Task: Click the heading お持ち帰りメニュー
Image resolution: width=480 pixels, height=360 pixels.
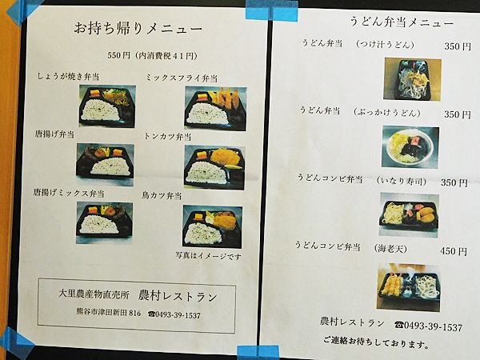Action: point(138,29)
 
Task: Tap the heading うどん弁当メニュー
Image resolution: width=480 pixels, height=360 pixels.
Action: point(402,22)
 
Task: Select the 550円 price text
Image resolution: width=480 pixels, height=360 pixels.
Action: point(118,55)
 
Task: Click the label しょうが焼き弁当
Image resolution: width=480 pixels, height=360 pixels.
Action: point(68,76)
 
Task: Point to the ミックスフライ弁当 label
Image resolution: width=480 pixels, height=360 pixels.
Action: point(182,78)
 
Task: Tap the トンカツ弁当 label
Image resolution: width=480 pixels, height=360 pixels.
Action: point(167,136)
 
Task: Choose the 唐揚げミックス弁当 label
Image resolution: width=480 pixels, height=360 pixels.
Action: point(69,193)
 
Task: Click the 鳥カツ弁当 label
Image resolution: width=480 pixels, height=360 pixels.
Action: point(162,195)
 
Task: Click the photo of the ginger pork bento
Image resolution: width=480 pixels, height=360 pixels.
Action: point(107,106)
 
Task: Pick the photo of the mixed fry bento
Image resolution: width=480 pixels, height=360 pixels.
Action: point(215,108)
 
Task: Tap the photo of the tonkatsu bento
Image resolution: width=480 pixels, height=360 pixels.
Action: point(214,167)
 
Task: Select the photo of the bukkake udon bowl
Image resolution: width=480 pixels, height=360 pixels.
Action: point(410,147)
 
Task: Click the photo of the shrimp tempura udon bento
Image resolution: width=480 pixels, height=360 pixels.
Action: point(409,287)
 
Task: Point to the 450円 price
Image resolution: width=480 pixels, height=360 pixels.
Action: point(454,251)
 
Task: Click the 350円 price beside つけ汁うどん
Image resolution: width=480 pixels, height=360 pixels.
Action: point(458,46)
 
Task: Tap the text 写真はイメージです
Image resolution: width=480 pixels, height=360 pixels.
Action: point(209,256)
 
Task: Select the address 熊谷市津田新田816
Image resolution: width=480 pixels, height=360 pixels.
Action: point(109,313)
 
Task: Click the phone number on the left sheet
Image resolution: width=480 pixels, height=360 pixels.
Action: point(174,314)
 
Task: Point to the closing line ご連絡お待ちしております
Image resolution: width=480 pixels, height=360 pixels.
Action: point(376,342)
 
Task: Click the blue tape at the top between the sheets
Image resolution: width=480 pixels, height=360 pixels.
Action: point(271,10)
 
